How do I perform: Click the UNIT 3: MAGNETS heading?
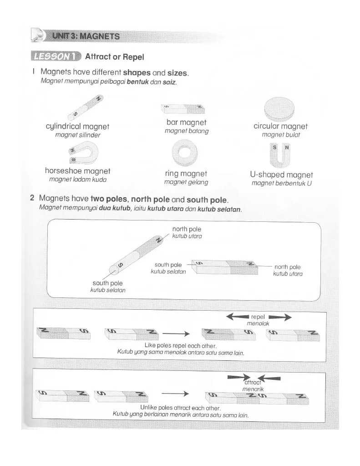click(x=86, y=36)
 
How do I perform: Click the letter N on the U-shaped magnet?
click(x=287, y=148)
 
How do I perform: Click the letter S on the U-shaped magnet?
click(x=274, y=148)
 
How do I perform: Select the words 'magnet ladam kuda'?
click(x=78, y=179)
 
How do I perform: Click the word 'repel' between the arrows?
click(x=258, y=317)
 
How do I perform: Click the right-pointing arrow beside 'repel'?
click(x=279, y=317)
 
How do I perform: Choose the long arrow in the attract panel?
click(x=175, y=394)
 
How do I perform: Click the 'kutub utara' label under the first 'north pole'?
click(x=187, y=236)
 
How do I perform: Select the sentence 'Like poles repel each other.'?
click(x=181, y=346)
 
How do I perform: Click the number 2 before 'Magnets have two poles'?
click(x=32, y=198)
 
